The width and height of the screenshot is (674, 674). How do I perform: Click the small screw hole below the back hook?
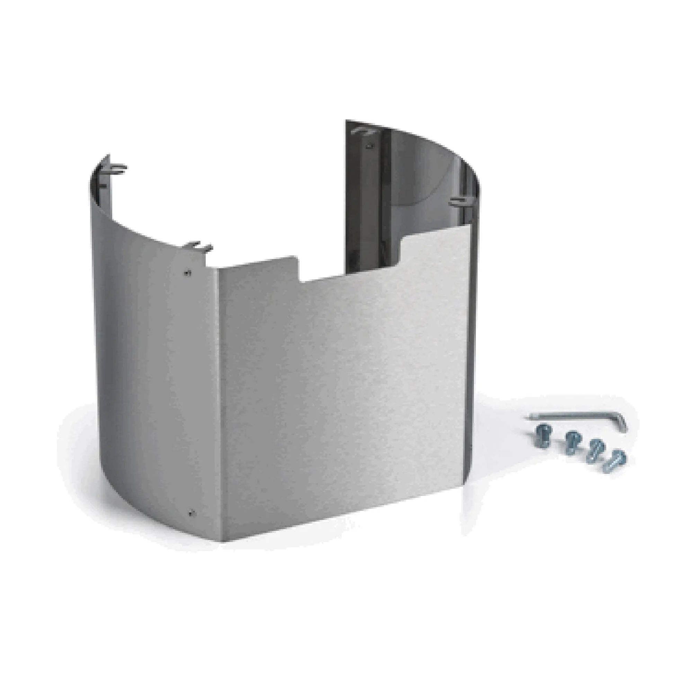click(x=371, y=146)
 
